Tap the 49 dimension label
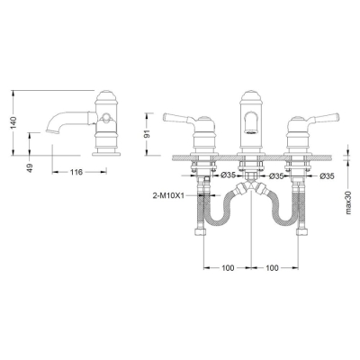click(30, 167)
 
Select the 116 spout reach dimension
click(76, 172)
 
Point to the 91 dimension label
click(148, 134)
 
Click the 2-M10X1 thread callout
click(168, 195)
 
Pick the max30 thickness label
click(348, 203)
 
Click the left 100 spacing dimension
click(228, 267)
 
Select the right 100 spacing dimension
click(272, 267)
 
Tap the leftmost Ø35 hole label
click(229, 176)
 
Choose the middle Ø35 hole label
click(276, 176)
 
